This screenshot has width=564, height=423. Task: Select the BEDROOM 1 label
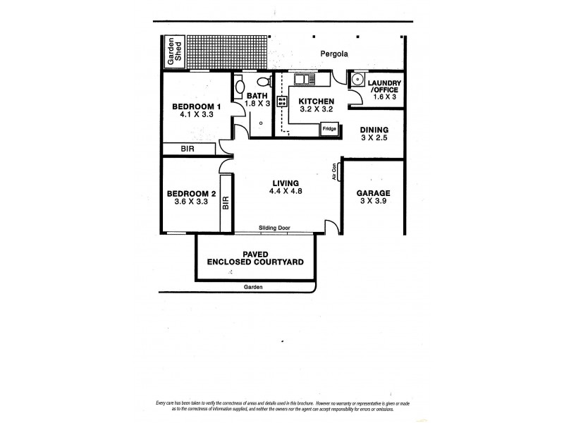197,107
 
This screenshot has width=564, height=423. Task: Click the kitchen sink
305,79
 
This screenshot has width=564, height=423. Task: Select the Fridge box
329,129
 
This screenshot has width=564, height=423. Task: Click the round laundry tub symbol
357,80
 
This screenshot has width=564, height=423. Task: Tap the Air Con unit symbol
340,171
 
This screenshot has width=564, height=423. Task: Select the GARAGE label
374,192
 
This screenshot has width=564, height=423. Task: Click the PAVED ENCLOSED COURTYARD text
255,257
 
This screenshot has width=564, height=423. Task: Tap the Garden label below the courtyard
253,287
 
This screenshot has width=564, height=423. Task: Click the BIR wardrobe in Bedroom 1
188,149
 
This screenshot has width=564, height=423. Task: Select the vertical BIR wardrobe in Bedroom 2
226,203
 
